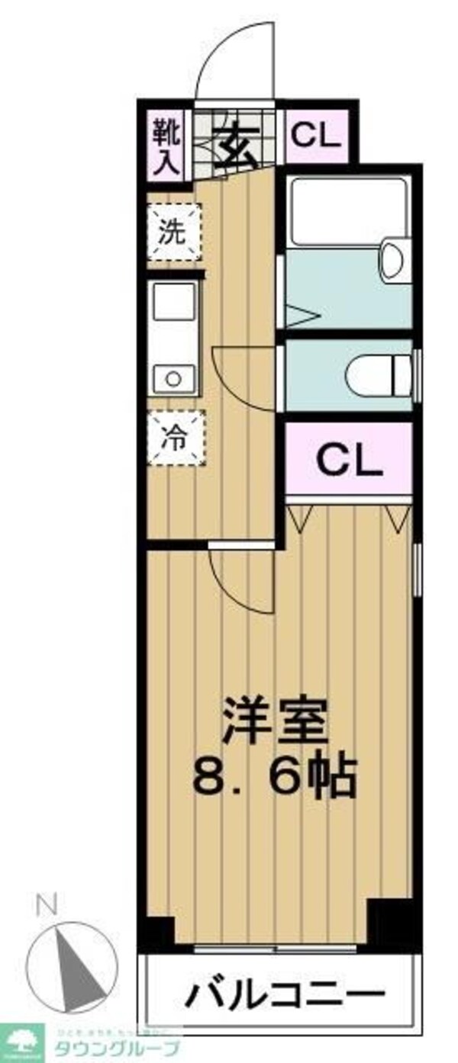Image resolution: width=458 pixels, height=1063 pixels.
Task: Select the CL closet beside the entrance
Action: (315, 137)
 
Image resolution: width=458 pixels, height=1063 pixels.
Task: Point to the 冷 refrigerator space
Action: (175, 438)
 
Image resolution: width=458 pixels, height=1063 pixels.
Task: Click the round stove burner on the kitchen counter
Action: (173, 377)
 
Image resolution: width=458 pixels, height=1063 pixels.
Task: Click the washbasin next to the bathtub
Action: (394, 260)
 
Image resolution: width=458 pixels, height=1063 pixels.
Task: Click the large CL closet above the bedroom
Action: (348, 459)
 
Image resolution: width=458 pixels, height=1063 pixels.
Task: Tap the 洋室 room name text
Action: (276, 718)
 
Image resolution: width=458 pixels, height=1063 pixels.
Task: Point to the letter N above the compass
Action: (47, 907)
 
